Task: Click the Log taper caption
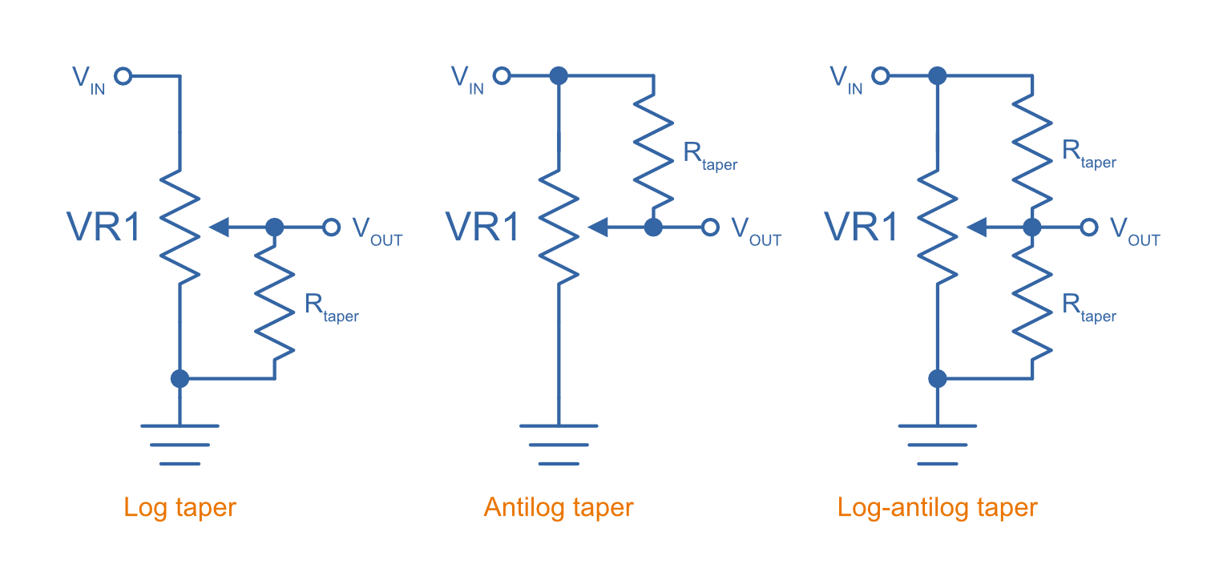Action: click(180, 508)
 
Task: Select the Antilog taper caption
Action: click(559, 508)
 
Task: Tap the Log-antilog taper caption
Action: click(937, 508)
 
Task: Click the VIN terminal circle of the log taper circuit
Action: click(123, 76)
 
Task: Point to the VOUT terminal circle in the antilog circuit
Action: click(709, 228)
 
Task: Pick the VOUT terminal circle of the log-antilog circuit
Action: click(1088, 228)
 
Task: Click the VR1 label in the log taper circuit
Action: click(103, 228)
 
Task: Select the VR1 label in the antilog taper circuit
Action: click(482, 228)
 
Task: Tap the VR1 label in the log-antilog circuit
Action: click(862, 228)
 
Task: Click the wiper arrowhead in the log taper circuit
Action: click(219, 228)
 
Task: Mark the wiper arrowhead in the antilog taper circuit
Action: click(598, 228)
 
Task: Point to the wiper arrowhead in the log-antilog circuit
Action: click(976, 228)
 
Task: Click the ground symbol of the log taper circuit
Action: click(180, 445)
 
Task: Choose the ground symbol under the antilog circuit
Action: click(559, 445)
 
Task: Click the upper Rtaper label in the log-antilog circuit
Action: click(1088, 154)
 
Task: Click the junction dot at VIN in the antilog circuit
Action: click(559, 76)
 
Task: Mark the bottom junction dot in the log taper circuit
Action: click(180, 378)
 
